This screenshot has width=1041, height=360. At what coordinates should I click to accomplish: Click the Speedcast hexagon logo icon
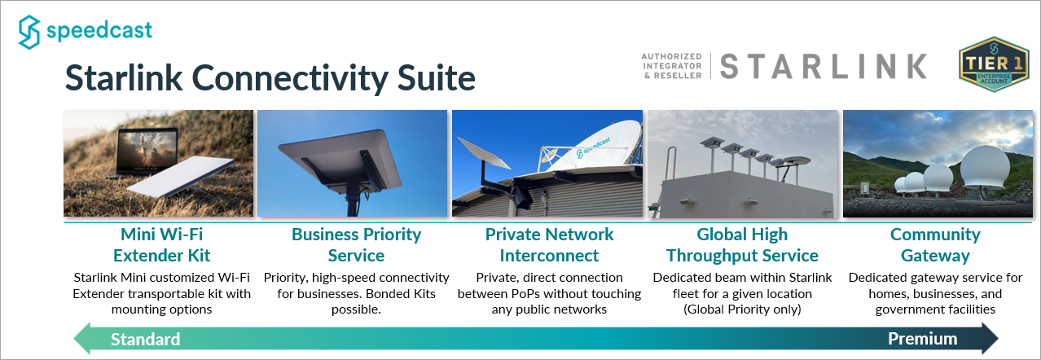pos(29,32)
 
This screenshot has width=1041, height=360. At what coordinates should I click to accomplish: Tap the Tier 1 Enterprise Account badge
pos(994,64)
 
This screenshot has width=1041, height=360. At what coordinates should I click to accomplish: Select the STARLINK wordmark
pos(823,67)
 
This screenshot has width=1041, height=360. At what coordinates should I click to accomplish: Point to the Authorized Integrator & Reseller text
pos(672,66)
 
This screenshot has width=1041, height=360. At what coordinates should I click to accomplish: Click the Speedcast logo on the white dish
pos(593,147)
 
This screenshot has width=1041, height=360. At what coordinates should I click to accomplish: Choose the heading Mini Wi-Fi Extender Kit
pos(162,245)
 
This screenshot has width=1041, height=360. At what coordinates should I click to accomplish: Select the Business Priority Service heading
pos(357,245)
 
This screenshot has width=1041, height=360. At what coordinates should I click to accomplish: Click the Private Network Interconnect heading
pos(549,245)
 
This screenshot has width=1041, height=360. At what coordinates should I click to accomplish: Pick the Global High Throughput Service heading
pos(742,245)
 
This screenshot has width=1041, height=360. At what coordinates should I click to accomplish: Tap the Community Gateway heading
pos(935,245)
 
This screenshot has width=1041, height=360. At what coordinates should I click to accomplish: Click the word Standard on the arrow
pos(146,339)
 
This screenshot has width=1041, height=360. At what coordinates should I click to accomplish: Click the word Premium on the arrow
pos(923,339)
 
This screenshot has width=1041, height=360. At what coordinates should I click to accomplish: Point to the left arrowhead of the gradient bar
pos(81,339)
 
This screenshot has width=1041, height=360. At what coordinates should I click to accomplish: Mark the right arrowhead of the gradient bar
pos(990,339)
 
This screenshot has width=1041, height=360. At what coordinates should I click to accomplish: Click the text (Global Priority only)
pos(742,310)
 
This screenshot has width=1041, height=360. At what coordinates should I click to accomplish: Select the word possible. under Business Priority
pos(356,310)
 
